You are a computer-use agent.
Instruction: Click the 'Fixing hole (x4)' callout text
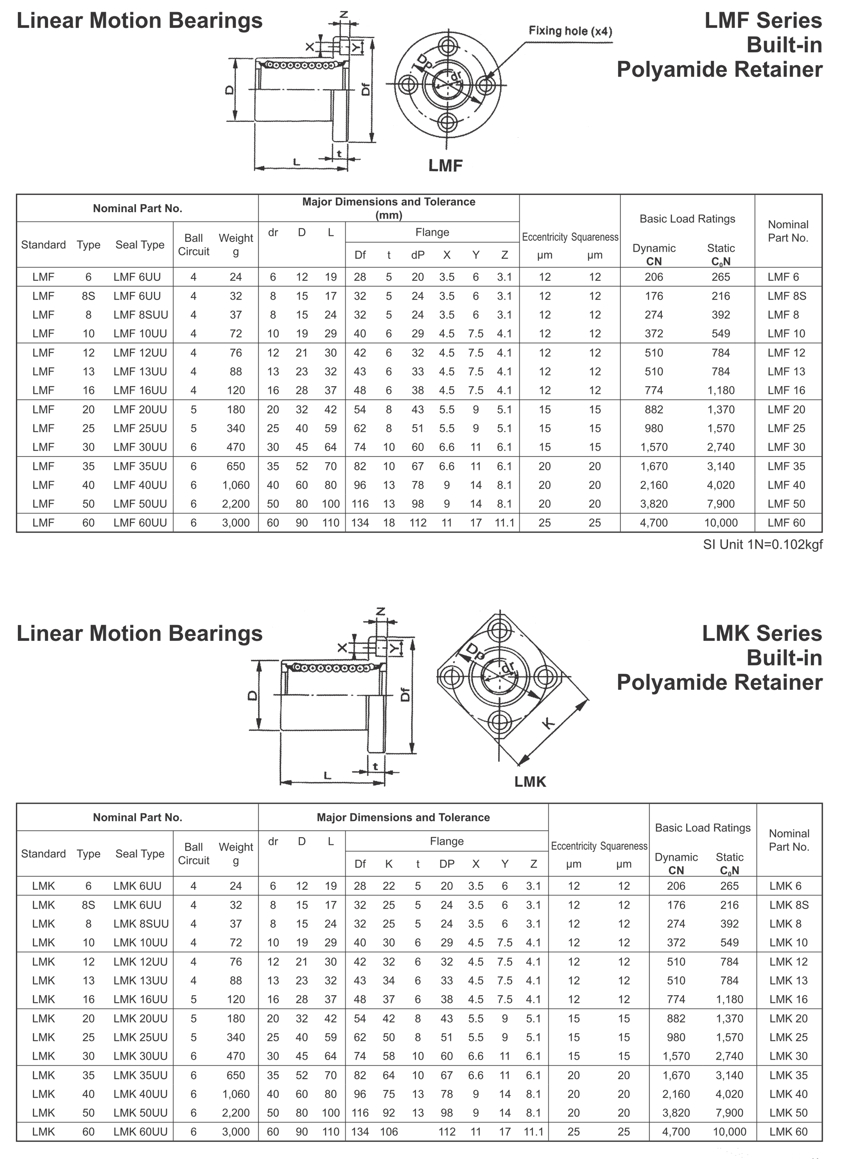coord(570,31)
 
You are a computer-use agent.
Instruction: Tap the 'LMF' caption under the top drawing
coord(445,165)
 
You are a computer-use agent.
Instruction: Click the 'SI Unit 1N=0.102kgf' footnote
coord(762,545)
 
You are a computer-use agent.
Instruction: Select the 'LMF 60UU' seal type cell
coord(140,523)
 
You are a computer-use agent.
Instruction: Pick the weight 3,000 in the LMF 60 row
coord(236,523)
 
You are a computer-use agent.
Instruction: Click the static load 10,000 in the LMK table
coord(729,1132)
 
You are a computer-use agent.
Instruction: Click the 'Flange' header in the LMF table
coord(432,232)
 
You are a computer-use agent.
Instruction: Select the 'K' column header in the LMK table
coord(389,864)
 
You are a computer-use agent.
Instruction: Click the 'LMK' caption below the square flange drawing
coord(530,781)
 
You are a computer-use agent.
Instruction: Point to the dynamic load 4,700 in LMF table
coord(653,523)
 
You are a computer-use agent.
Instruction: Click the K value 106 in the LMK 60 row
coord(389,1132)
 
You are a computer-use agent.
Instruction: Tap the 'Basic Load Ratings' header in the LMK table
coord(703,827)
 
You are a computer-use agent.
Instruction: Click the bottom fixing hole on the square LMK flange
coord(500,722)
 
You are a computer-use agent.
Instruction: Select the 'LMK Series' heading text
coord(762,633)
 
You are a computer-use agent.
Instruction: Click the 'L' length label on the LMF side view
coord(296,162)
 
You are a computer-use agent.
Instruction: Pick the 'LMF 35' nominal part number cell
coord(786,466)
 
